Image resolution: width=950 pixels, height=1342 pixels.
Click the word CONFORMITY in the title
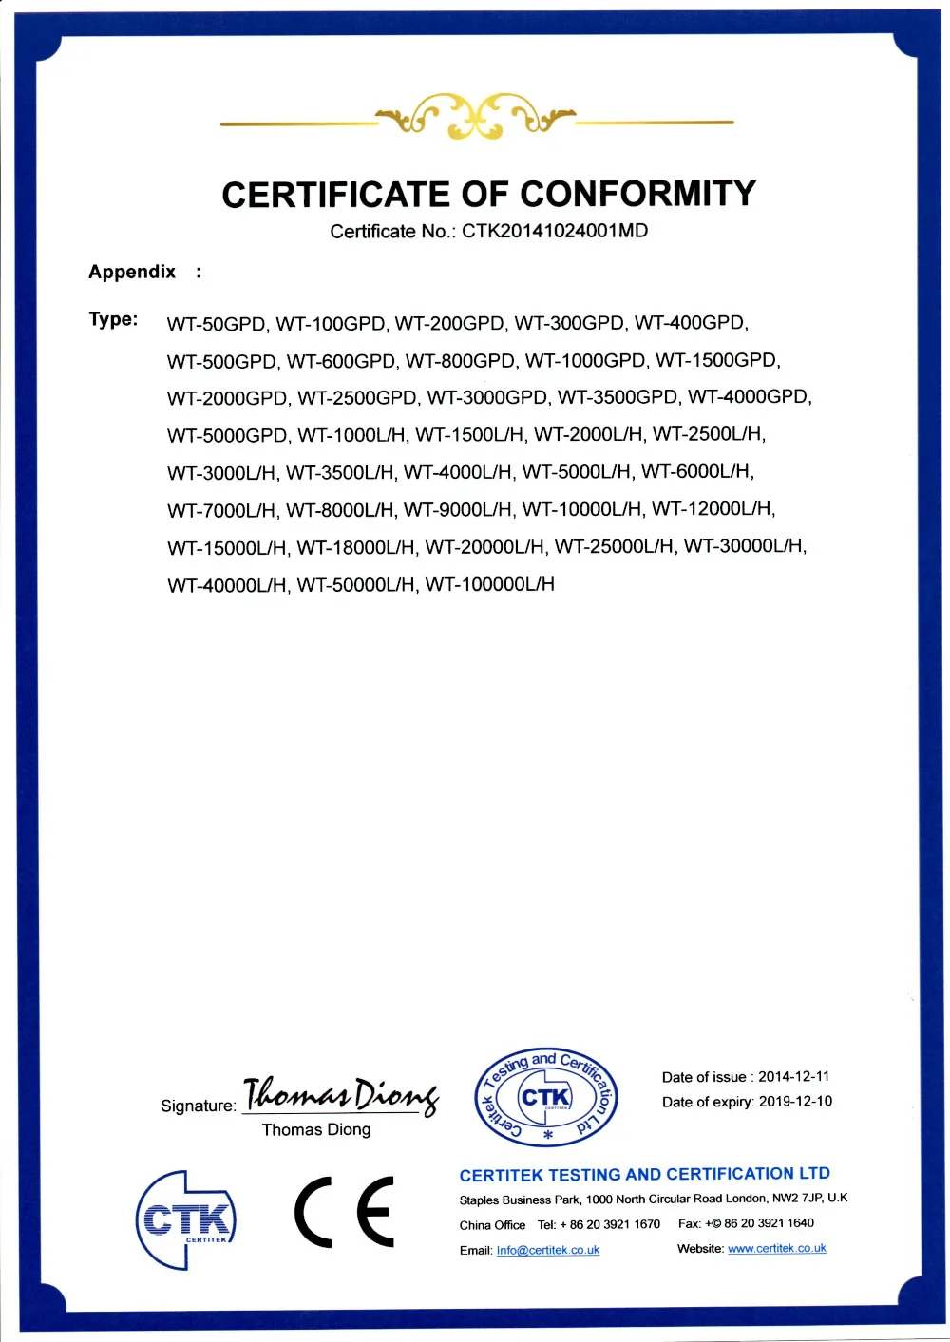tap(637, 195)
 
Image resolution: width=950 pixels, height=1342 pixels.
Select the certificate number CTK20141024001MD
tap(555, 231)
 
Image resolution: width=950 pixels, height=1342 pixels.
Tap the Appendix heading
tap(132, 272)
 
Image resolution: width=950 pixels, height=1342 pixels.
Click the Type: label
tap(113, 319)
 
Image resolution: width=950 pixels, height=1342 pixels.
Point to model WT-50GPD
tap(217, 324)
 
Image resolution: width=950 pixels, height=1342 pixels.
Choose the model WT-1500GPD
tap(717, 360)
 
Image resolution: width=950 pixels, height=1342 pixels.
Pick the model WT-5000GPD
tap(227, 435)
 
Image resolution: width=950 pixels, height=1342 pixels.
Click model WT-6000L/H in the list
tap(697, 471)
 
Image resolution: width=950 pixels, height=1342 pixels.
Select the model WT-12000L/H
tap(712, 509)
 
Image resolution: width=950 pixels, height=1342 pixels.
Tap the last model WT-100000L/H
tap(489, 584)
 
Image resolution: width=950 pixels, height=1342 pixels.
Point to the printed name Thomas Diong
tap(316, 1129)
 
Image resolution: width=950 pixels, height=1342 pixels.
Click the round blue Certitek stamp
tap(546, 1097)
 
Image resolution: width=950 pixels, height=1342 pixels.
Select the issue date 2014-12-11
tap(793, 1076)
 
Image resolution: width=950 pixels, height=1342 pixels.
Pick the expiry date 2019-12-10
tap(795, 1101)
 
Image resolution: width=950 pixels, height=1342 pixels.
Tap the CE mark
tap(344, 1211)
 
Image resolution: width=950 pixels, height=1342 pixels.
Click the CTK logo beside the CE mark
tap(185, 1219)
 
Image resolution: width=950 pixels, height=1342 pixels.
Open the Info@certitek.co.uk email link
tap(547, 1250)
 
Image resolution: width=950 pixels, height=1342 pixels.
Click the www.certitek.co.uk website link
tap(776, 1248)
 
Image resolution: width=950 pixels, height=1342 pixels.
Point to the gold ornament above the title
tap(476, 118)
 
